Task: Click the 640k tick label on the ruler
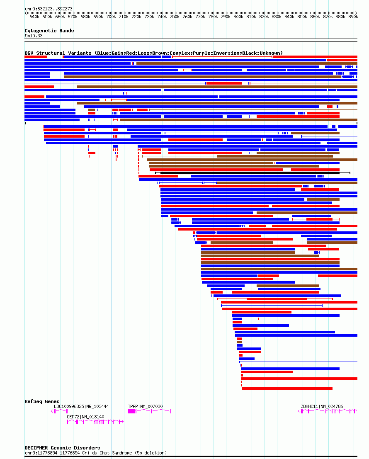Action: [34, 17]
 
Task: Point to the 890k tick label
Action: [353, 17]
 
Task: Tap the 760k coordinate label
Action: [187, 17]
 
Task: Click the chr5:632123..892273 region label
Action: [49, 9]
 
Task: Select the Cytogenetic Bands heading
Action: [49, 31]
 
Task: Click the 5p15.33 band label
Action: [34, 36]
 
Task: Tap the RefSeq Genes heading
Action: [42, 401]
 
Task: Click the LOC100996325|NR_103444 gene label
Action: [81, 406]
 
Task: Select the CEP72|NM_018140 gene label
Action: [85, 417]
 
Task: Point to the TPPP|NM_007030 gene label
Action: [146, 406]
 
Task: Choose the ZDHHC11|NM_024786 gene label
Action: [322, 406]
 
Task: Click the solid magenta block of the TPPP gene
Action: [132, 411]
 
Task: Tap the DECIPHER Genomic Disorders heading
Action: [62, 448]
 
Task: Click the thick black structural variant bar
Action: [250, 173]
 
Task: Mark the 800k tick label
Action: [238, 17]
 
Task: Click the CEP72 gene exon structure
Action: [95, 422]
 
